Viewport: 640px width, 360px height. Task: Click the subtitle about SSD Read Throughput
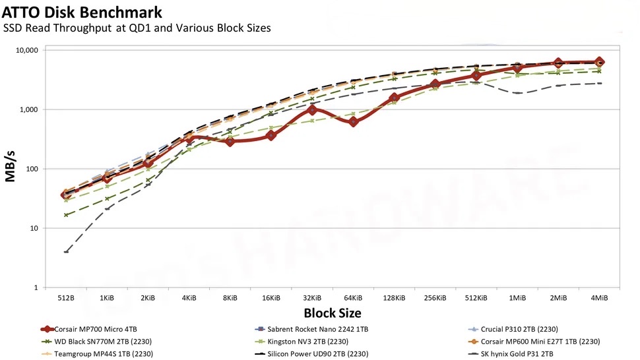click(137, 28)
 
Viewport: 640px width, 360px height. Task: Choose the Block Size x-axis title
click(333, 313)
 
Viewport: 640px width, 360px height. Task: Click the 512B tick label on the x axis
click(66, 298)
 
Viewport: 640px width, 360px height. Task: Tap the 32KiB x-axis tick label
click(312, 298)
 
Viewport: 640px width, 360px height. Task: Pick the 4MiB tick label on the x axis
click(599, 298)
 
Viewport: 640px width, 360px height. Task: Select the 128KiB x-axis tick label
click(394, 298)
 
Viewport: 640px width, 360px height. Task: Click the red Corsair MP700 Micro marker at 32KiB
click(312, 110)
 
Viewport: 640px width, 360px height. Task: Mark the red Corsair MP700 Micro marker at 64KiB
click(353, 121)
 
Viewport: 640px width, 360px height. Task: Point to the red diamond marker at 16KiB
click(271, 135)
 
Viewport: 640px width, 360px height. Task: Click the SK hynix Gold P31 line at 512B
click(66, 252)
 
